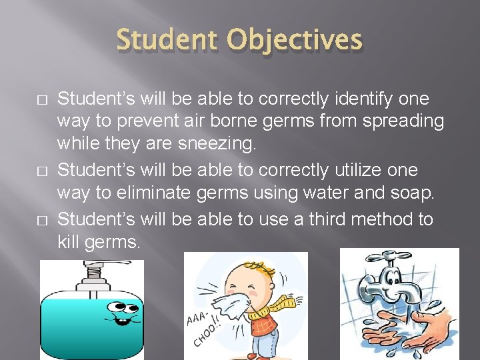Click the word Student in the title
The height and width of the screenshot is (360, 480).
[167, 41]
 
